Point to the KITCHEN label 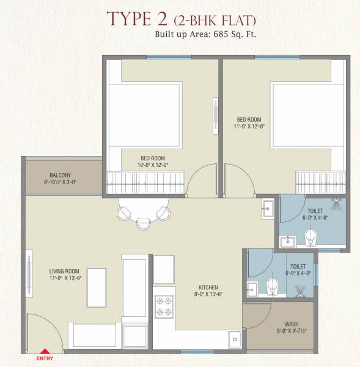[x=208, y=287]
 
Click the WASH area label [x=291, y=324]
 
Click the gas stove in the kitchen [x=164, y=306]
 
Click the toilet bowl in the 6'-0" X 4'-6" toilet [x=311, y=238]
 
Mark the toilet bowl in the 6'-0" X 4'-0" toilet [x=271, y=286]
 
